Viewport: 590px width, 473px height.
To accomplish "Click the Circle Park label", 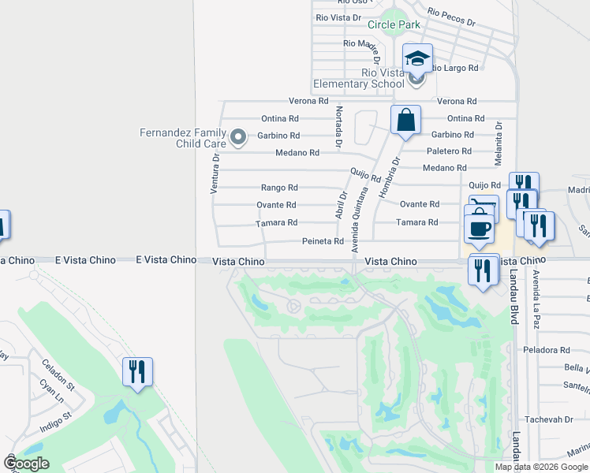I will tap(394, 24).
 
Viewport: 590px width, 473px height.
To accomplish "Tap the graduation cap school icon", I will tap(418, 58).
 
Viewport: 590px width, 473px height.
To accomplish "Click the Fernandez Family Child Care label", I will tap(183, 138).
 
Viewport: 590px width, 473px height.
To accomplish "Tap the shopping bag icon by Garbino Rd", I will tap(405, 121).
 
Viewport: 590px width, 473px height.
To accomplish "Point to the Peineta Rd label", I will tap(323, 241).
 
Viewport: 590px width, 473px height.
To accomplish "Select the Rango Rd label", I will tap(279, 188).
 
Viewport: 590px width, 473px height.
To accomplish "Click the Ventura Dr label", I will tap(215, 173).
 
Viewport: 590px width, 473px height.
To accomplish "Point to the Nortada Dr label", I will tap(339, 127).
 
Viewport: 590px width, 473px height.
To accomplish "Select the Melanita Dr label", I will tap(498, 143).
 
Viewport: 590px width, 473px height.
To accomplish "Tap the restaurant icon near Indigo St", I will tap(138, 371).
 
